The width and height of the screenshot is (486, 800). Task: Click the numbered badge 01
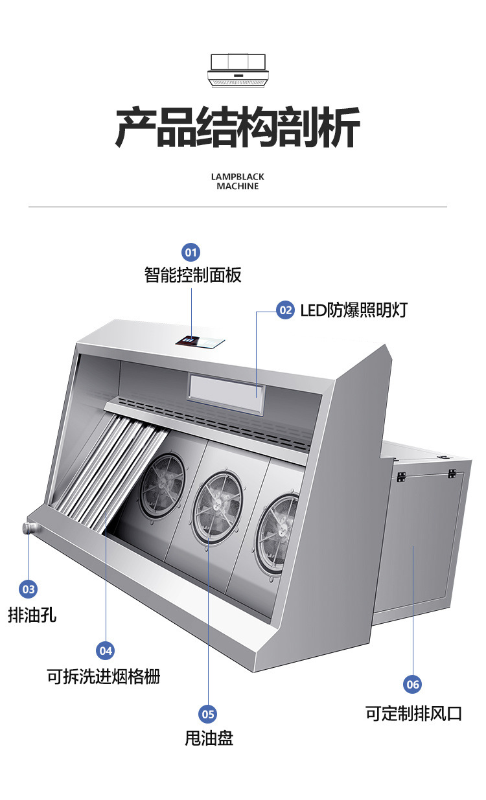(191, 252)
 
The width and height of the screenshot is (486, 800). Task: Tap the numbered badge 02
(286, 310)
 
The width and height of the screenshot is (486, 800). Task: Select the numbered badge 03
(29, 589)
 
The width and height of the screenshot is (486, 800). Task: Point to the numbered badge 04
(105, 650)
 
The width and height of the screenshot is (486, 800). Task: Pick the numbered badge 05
(208, 714)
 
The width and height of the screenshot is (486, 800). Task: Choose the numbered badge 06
(412, 684)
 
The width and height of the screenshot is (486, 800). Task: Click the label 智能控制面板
(192, 275)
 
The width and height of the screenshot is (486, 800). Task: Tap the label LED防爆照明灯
(353, 310)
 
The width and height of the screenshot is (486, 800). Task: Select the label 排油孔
(32, 615)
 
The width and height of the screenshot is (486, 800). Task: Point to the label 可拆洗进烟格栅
(104, 677)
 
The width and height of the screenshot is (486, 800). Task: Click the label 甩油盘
(209, 738)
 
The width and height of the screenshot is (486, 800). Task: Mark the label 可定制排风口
(413, 714)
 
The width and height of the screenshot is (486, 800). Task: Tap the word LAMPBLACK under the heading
(238, 176)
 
